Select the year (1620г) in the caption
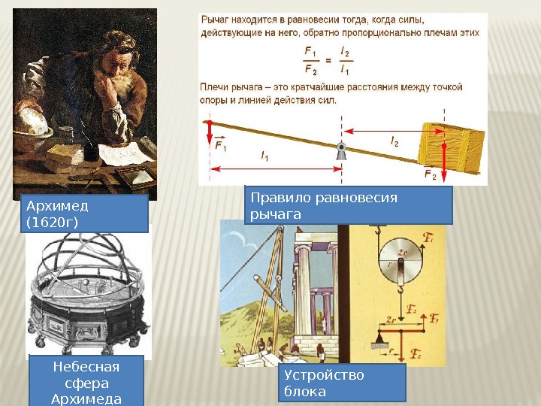pyautogui.click(x=52, y=223)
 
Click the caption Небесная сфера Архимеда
pyautogui.click(x=85, y=381)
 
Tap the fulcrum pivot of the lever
pyautogui.click(x=342, y=150)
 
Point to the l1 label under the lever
pyautogui.click(x=264, y=156)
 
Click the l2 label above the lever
pyautogui.click(x=394, y=141)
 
